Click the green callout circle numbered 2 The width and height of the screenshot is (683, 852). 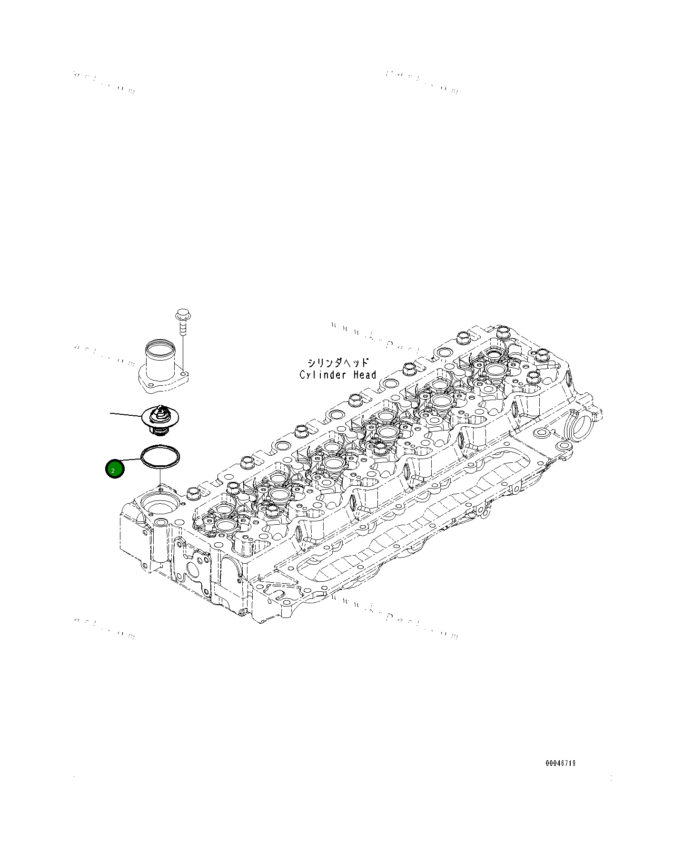[x=114, y=470]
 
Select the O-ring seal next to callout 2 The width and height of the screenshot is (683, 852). [x=160, y=457]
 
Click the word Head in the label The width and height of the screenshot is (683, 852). [x=365, y=375]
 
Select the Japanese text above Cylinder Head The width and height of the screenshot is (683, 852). [x=338, y=363]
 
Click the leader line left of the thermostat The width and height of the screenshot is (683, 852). [x=126, y=414]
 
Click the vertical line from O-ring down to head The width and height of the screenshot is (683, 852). [x=161, y=476]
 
